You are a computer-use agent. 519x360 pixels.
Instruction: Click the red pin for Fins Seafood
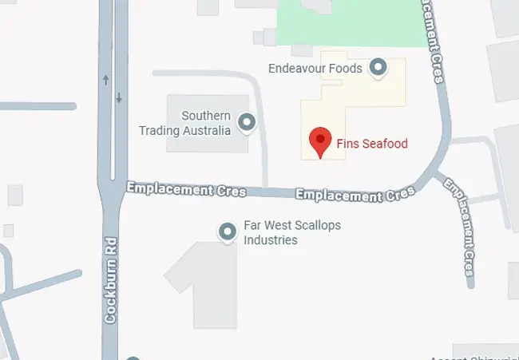(320, 141)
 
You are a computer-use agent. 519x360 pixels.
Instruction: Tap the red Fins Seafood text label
(370, 144)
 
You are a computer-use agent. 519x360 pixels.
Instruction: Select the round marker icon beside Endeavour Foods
(378, 69)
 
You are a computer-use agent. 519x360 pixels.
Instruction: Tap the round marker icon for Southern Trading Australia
(247, 123)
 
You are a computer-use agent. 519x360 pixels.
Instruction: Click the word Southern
(206, 116)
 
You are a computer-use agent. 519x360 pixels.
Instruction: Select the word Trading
(163, 130)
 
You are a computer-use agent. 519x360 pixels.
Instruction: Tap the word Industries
(271, 239)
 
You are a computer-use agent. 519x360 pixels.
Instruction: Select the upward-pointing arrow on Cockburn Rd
(105, 80)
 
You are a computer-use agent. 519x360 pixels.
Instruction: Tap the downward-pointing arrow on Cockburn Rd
(119, 97)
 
